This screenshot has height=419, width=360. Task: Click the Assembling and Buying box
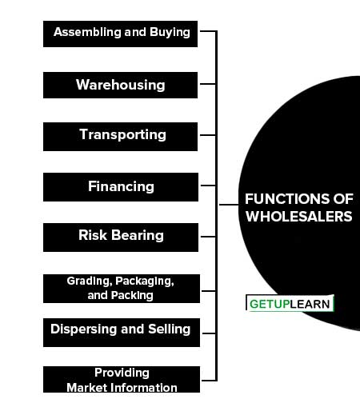[120, 34]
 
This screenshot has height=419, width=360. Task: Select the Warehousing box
[120, 85]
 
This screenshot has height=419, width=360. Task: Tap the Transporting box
[120, 137]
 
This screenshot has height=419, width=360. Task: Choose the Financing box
[121, 187]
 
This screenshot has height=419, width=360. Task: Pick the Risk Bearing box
[121, 237]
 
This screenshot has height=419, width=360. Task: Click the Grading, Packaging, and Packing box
[122, 289]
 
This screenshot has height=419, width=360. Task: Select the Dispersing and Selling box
[122, 333]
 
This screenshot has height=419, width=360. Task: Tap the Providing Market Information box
[122, 380]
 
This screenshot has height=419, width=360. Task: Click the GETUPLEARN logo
[290, 303]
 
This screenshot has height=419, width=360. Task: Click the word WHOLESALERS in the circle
[299, 217]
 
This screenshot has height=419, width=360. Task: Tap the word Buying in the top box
[170, 33]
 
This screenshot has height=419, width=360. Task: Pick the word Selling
[170, 329]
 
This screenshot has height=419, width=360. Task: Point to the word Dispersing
[84, 329]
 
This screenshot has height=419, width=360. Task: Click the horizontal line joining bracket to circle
[229, 205]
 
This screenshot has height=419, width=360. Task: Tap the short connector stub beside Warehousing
[208, 84]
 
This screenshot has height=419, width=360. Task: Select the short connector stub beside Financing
[208, 186]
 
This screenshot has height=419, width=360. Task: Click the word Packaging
[145, 281]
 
